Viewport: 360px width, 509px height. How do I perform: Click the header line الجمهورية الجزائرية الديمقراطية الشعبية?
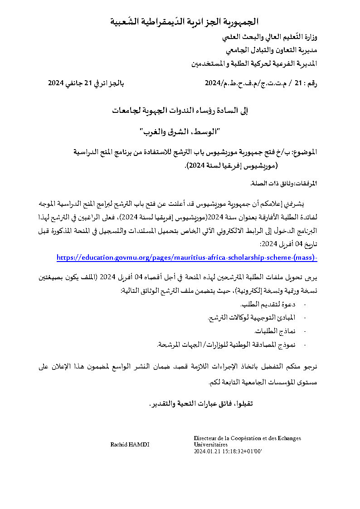(185, 21)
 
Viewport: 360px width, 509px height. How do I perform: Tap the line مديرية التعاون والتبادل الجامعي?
(271, 48)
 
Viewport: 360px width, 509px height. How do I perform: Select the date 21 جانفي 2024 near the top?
(86, 83)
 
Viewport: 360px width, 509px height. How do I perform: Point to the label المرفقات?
(306, 184)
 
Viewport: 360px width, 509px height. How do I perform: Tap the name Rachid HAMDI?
(130, 445)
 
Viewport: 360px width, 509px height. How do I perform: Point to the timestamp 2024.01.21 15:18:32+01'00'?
(228, 451)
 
